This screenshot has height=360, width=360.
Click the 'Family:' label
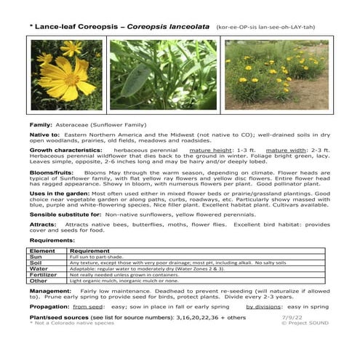point(40,125)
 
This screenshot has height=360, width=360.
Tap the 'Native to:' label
point(44,135)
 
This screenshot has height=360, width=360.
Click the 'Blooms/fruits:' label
point(51,174)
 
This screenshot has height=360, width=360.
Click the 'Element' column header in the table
point(44,250)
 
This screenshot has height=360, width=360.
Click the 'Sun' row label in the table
point(36,257)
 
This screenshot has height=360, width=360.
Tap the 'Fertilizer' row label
point(44,275)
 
